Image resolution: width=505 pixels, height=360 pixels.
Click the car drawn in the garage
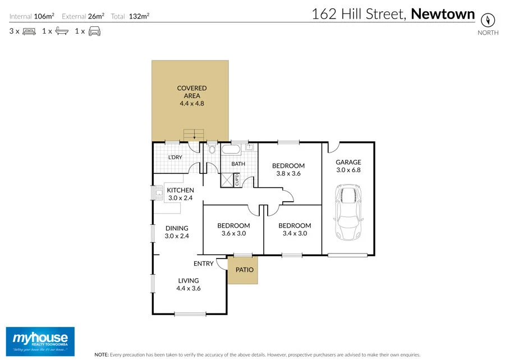[x=348, y=213]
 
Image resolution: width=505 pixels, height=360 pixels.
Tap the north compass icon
[x=488, y=20]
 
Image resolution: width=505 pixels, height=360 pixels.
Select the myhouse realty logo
[x=40, y=340]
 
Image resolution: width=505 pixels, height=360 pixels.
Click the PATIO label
[x=244, y=270]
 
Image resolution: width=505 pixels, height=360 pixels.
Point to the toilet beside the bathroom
[x=212, y=149]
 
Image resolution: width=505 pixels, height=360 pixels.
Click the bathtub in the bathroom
[x=231, y=150]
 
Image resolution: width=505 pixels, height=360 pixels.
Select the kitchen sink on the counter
[x=159, y=194]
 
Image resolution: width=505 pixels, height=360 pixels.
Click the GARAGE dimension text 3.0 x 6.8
[x=348, y=170]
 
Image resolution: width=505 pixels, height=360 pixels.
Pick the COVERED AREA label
[x=192, y=92]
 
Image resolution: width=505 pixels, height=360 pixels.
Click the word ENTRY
[x=203, y=264]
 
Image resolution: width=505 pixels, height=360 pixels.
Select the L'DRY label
[x=175, y=158]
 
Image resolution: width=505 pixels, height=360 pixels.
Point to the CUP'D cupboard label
[x=237, y=181]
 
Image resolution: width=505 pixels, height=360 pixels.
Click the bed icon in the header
[x=29, y=31]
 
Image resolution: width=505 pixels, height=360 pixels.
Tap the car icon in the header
[x=94, y=31]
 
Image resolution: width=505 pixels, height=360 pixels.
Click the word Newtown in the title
[x=443, y=14]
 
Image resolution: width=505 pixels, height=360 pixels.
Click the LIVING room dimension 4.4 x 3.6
[x=188, y=288]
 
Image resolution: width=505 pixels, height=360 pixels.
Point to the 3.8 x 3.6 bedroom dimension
[x=288, y=173]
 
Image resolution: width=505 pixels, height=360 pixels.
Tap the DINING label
[x=176, y=228]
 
